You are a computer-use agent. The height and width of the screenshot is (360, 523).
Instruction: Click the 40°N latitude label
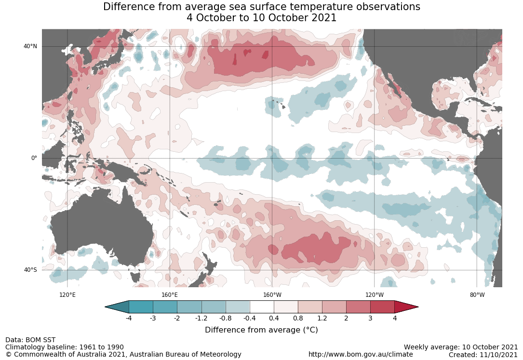pyautogui.click(x=30, y=46)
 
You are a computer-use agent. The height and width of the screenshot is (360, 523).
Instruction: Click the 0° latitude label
pyautogui.click(x=34, y=158)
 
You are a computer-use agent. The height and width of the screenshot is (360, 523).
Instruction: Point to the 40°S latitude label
pyautogui.click(x=30, y=270)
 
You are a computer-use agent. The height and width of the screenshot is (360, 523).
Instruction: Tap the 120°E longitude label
pyautogui.click(x=67, y=295)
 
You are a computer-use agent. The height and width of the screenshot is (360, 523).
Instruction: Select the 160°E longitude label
pyautogui.click(x=170, y=295)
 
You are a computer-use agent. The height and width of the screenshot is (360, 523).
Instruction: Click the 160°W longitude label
pyautogui.click(x=272, y=295)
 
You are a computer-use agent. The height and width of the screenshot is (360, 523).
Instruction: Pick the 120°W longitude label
pyautogui.click(x=375, y=295)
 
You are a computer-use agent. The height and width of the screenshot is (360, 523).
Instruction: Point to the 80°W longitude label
pyautogui.click(x=477, y=295)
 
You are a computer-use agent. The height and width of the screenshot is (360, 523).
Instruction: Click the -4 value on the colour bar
pyautogui.click(x=129, y=318)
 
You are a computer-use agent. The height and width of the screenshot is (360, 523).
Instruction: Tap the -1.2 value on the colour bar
pyautogui.click(x=201, y=318)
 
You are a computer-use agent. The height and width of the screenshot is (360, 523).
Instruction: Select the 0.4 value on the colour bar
pyautogui.click(x=274, y=318)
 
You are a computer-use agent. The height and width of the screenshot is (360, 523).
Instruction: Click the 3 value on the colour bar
pyautogui.click(x=370, y=318)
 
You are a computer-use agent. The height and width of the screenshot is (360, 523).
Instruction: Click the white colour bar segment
pyautogui.click(x=262, y=307)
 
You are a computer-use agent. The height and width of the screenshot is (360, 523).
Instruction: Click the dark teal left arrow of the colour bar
pyautogui.click(x=117, y=307)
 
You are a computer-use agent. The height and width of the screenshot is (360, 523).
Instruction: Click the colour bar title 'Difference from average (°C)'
pyautogui.click(x=261, y=330)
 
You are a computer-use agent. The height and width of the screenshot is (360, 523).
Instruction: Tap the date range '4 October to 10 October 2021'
pyautogui.click(x=261, y=18)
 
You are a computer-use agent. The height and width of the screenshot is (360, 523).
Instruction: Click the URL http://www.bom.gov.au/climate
pyautogui.click(x=361, y=354)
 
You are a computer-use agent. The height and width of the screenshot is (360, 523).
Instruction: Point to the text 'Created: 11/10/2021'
pyautogui.click(x=483, y=354)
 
